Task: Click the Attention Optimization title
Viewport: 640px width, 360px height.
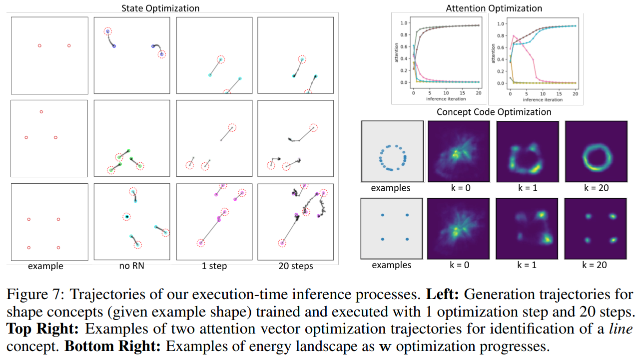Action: pos(494,8)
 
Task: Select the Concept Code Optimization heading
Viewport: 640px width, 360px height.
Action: pos(494,112)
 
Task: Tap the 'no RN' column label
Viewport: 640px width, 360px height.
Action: pos(132,266)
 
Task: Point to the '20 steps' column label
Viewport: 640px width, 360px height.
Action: pos(296,266)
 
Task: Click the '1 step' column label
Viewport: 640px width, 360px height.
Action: pos(214,266)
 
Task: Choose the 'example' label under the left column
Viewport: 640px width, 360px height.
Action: pos(45,266)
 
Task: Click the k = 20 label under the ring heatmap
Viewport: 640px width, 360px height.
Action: pos(595,188)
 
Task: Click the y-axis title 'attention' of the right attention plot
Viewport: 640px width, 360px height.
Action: pos(493,52)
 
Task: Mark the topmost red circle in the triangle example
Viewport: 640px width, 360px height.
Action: pos(41,112)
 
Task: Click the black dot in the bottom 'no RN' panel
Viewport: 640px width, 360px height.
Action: pos(127,217)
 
